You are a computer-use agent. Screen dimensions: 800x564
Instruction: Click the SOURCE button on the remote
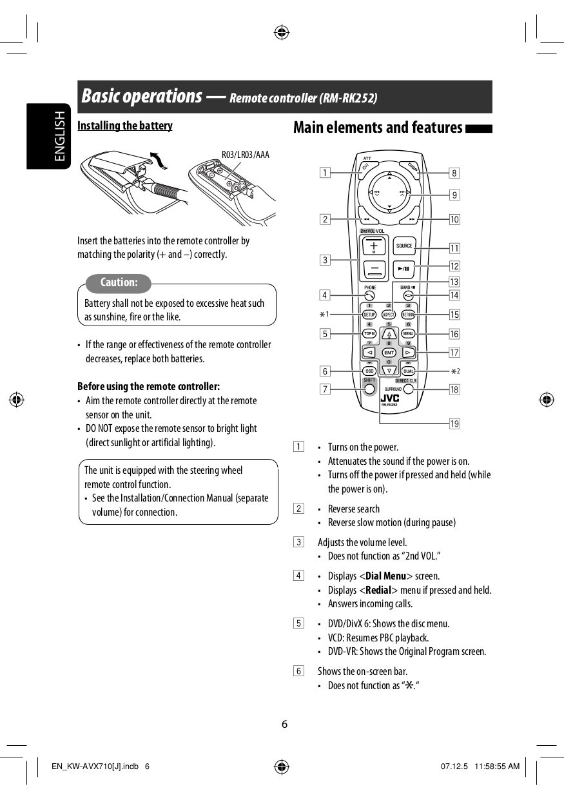[404, 246]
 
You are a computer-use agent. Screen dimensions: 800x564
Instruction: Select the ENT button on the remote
[389, 353]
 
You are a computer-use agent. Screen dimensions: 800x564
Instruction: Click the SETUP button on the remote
[369, 315]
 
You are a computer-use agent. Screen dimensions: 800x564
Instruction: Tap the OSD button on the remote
[369, 371]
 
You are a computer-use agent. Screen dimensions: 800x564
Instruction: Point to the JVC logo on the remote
[390, 398]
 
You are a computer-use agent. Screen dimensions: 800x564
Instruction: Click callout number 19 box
[454, 424]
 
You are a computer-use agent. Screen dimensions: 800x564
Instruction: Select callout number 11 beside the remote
[454, 248]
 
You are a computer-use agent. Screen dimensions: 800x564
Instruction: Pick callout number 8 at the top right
[454, 173]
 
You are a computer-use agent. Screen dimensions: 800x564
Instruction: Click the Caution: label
[119, 283]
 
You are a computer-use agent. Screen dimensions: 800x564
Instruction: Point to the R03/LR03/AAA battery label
[246, 155]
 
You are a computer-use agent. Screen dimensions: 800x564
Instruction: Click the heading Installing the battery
[125, 126]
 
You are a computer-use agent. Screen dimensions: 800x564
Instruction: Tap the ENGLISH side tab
[59, 136]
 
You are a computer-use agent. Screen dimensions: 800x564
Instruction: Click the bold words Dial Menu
[385, 576]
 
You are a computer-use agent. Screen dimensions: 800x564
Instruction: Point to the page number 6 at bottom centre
[284, 723]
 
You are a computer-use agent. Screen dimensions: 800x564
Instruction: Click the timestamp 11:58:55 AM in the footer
[496, 766]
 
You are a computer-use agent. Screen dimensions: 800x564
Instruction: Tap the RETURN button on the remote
[408, 315]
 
